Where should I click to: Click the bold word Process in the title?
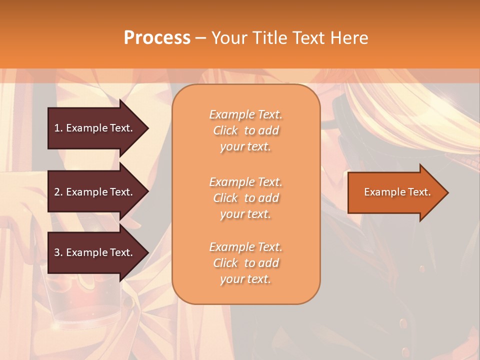tap(157, 38)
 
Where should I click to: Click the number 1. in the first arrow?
tap(58, 128)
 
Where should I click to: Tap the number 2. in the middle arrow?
tap(58, 192)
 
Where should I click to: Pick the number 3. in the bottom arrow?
tap(58, 252)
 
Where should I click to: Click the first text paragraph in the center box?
tap(245, 130)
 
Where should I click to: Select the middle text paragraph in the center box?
tap(245, 198)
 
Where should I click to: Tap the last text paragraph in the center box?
tap(245, 263)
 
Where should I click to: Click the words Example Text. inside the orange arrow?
tap(397, 192)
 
